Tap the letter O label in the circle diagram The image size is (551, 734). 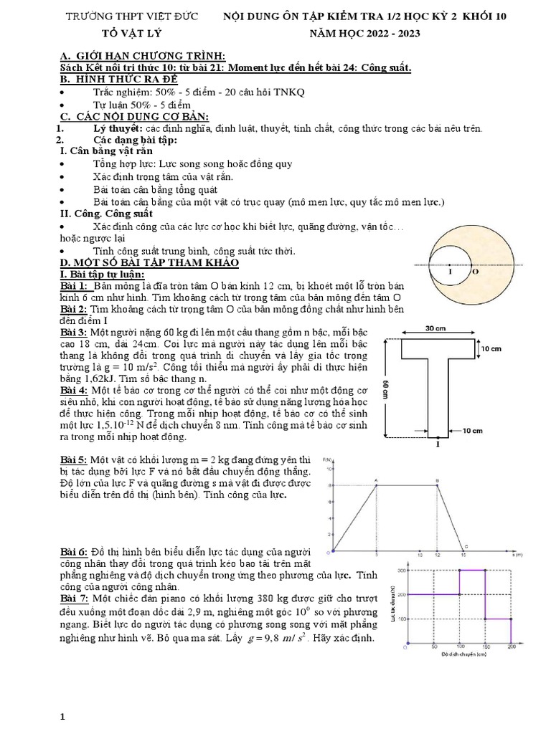point(474,272)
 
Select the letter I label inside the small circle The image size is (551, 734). point(449,272)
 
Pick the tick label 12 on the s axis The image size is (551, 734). point(438,556)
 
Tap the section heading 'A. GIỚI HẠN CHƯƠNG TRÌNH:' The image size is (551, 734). point(133,56)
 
